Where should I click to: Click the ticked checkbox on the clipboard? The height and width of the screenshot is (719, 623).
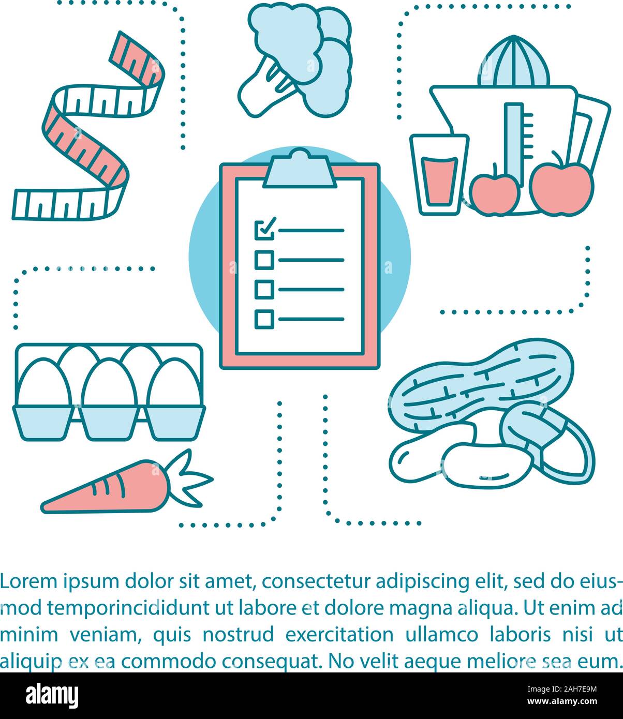click(264, 230)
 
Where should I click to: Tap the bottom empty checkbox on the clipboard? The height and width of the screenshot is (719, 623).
click(264, 319)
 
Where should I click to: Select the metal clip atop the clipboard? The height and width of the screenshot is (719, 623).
click(300, 168)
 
